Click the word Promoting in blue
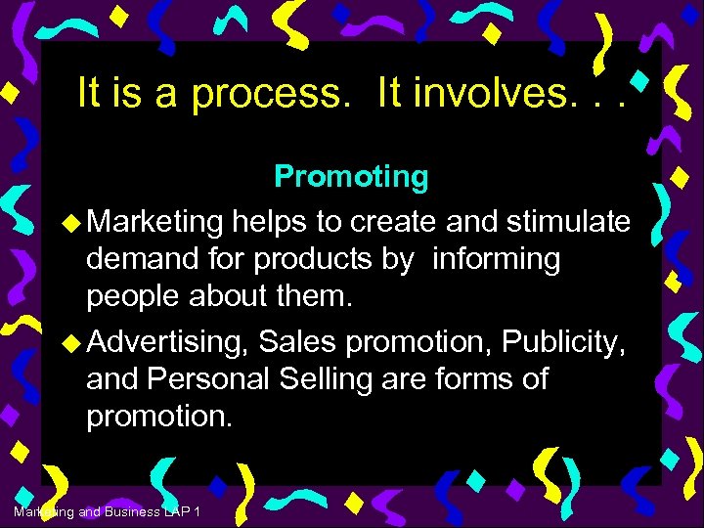351,177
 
